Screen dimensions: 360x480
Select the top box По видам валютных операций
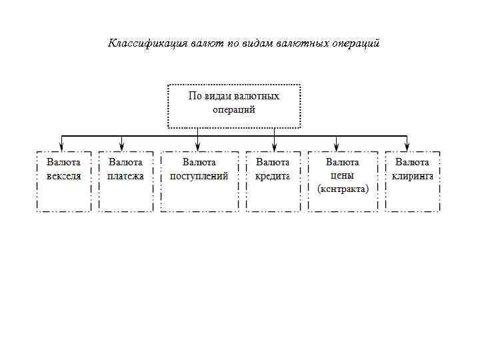233,105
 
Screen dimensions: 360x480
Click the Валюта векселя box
63,181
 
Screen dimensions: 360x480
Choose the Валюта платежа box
126,181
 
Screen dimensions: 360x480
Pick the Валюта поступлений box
199,181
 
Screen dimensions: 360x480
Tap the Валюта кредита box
273,181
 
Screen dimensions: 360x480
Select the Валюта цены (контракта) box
343,181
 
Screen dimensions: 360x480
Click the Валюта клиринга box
413,181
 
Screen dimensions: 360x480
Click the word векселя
63,176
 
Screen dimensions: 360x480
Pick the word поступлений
199,176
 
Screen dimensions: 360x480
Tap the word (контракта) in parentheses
343,189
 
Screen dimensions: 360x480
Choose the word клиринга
413,176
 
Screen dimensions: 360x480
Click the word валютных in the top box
254,96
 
